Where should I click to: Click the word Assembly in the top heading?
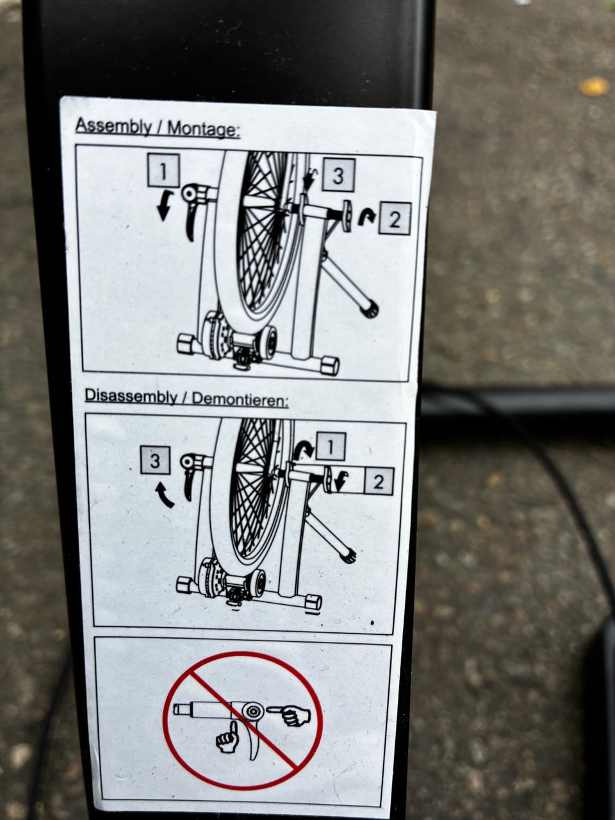(113, 127)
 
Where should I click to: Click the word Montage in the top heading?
(203, 129)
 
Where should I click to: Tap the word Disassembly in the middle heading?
(131, 397)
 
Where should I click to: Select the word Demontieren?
(240, 400)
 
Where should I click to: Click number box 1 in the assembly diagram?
(163, 170)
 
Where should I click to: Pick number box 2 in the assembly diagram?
(395, 218)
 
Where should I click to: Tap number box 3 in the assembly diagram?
(338, 175)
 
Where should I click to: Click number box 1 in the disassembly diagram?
(331, 447)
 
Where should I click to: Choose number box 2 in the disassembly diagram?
(379, 482)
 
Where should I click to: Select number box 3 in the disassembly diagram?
(155, 460)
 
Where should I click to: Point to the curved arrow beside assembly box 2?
(366, 217)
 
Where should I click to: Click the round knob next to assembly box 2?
(347, 216)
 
